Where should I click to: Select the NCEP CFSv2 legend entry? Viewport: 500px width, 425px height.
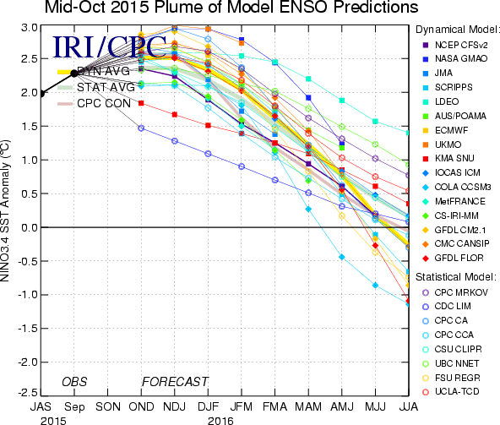coord(455,45)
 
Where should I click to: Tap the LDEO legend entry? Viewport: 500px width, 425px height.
coord(441,101)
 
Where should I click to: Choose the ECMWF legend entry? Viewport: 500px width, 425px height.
coord(445,130)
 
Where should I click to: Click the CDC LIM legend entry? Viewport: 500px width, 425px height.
coord(447,307)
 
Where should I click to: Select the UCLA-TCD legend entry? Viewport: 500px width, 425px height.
coord(450,391)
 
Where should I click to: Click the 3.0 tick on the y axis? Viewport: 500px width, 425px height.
coord(30,28)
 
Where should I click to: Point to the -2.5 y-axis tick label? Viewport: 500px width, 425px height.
coord(27,393)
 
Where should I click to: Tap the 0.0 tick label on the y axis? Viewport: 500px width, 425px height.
coord(30,228)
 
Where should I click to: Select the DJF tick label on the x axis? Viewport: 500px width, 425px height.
coord(208,406)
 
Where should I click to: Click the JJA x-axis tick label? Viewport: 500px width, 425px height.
coord(409,406)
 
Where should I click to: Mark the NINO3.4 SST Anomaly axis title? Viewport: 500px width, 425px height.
coord(5,210)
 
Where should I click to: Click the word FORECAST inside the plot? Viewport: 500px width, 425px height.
coord(175,382)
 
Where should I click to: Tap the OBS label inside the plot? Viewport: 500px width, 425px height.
coord(74,382)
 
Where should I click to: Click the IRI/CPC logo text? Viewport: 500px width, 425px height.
coord(109,46)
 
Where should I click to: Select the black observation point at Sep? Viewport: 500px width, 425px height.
coord(74,74)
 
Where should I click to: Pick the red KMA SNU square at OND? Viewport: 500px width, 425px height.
coord(141,103)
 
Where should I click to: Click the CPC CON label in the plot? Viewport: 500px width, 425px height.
coord(104,103)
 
